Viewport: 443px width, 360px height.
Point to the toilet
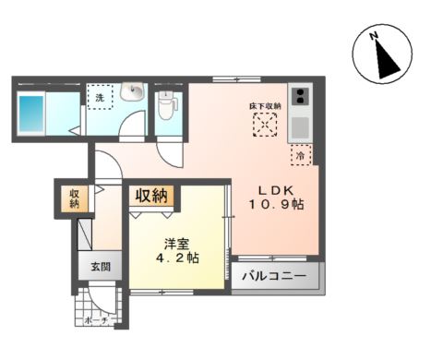[166, 105]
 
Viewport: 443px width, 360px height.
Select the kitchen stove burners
[301, 95]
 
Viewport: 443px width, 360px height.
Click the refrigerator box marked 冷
[302, 156]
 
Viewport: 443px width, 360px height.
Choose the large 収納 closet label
[153, 195]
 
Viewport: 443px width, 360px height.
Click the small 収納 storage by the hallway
[74, 198]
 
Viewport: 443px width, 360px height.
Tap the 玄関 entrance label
[100, 267]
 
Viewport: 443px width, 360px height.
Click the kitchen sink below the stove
[301, 126]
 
